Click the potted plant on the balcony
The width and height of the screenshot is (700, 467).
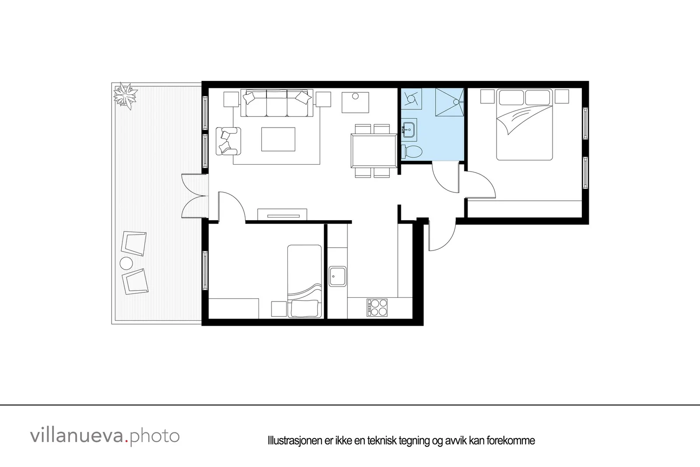click(125, 95)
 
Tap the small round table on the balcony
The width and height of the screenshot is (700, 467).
click(126, 263)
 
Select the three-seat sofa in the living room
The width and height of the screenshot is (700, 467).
click(277, 103)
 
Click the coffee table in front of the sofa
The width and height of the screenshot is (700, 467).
click(278, 139)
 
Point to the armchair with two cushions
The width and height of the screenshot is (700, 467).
click(228, 141)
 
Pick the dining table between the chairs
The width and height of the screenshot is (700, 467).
click(374, 151)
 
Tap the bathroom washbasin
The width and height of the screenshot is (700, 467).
click(409, 130)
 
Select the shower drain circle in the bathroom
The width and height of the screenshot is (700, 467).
click(456, 102)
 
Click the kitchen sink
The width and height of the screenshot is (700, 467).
click(337, 276)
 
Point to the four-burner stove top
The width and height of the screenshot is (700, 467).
click(377, 308)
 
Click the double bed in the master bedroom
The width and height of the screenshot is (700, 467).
click(525, 125)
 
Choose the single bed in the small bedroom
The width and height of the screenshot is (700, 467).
click(304, 281)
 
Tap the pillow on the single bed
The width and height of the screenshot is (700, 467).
click(304, 308)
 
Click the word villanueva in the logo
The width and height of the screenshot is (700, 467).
click(77, 436)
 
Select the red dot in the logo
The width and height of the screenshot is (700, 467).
click(126, 441)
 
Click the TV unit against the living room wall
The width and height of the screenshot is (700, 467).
click(282, 214)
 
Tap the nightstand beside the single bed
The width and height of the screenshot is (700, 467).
click(279, 309)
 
